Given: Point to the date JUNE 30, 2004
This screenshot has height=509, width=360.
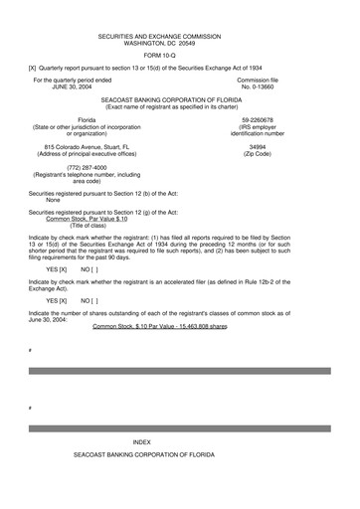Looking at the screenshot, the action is (72, 86).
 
